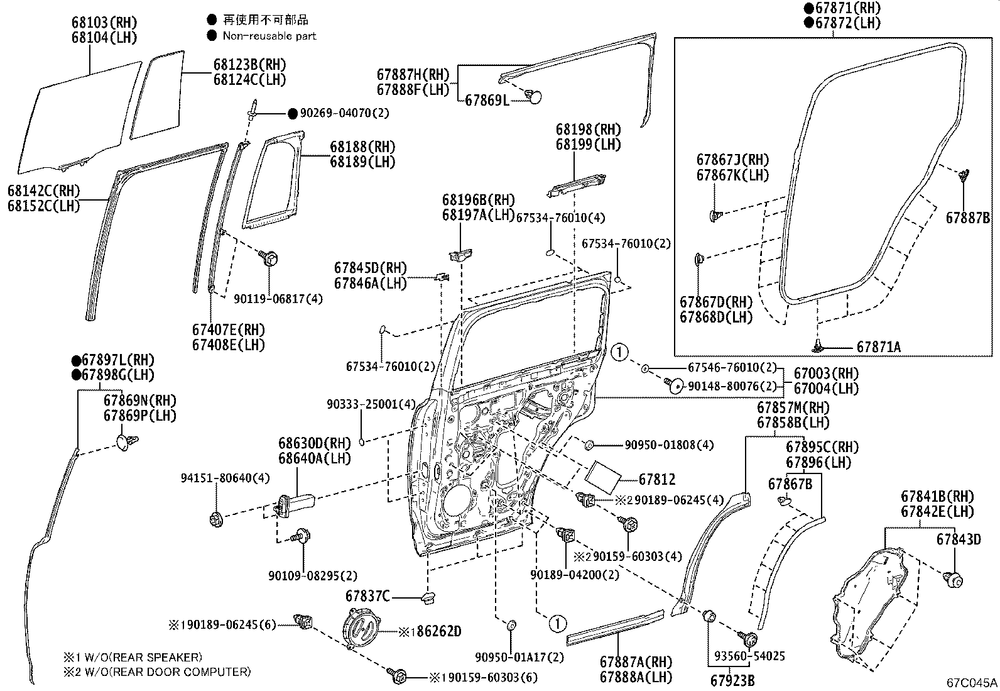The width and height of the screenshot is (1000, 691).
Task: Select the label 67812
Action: pos(657,480)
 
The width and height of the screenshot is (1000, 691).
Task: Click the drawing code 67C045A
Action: pos(972,682)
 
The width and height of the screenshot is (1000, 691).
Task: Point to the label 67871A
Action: pos(878,347)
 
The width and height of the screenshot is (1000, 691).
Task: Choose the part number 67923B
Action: pos(732,680)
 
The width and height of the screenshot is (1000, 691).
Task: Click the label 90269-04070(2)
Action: pos(344,113)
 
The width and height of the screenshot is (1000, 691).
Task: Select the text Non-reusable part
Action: pos(269,36)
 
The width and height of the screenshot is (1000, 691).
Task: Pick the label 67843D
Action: pos(958,539)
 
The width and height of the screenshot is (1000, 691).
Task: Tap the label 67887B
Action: pos(967,218)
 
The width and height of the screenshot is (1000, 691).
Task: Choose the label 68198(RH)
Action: pos(588,130)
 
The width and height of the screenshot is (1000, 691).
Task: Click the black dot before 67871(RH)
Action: pos(809,8)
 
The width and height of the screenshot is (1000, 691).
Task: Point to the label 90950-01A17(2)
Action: pos(519,657)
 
